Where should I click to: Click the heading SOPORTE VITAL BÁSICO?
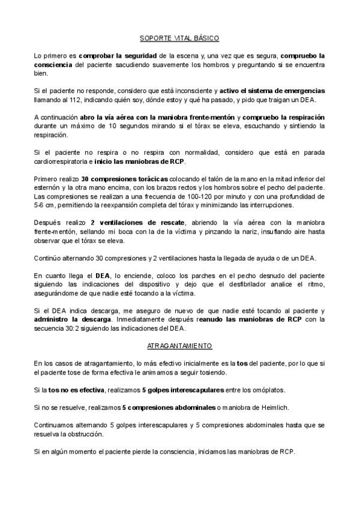[179, 37]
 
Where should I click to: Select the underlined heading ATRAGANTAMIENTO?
[179, 347]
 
